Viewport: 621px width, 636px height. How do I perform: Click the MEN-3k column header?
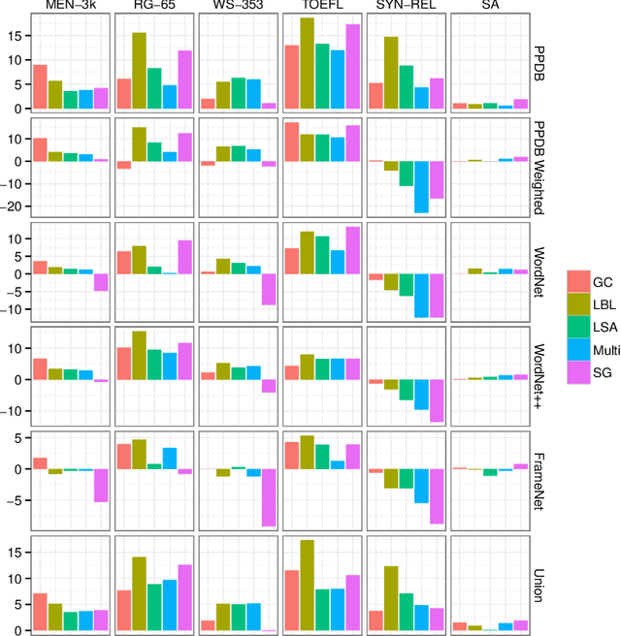click(70, 7)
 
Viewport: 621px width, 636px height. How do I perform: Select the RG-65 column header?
click(153, 7)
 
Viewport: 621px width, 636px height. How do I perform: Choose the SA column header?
click(491, 7)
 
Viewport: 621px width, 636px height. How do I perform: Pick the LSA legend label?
click(605, 327)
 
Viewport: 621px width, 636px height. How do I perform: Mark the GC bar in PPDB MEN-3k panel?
click(40, 87)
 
